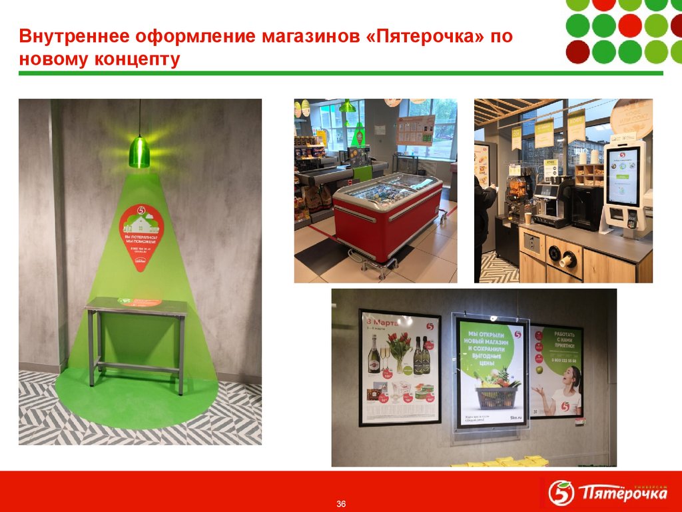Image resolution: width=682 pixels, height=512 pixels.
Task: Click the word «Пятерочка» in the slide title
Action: pos(424,36)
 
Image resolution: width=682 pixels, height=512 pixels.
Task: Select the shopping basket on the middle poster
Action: pos(496,393)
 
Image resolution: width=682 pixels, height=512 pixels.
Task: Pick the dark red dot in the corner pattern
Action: pos(577,51)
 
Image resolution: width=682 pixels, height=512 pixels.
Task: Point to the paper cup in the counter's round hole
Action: pos(567,260)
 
